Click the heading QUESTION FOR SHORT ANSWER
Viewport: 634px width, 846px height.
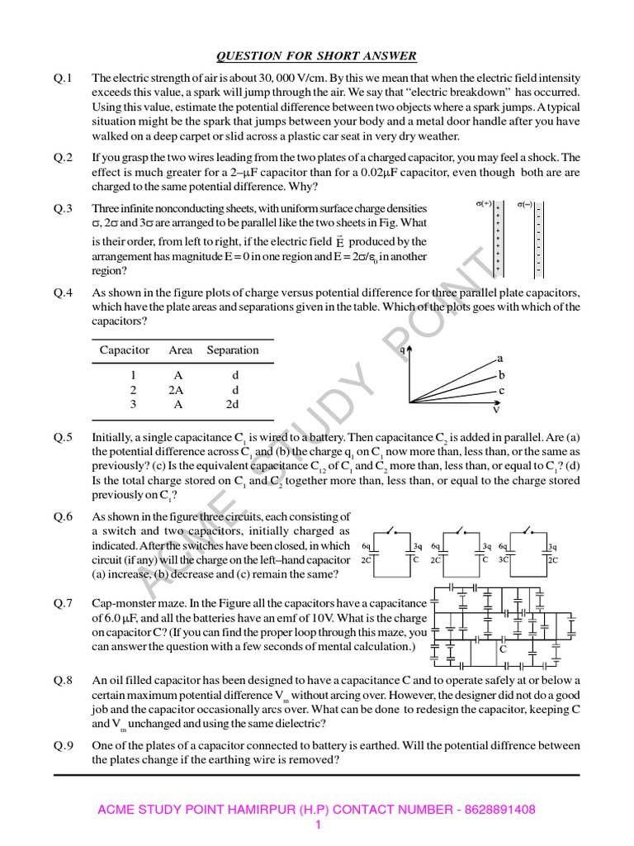click(x=316, y=56)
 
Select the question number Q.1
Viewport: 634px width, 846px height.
click(x=64, y=78)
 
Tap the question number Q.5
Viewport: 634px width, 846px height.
click(x=64, y=437)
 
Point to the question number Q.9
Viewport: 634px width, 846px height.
click(x=64, y=745)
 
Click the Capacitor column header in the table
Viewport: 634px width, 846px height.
click(x=125, y=350)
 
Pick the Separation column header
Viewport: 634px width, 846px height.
click(x=233, y=350)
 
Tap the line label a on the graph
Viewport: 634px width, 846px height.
click(x=499, y=359)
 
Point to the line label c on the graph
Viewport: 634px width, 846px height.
click(x=501, y=390)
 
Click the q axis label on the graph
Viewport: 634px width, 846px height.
click(x=402, y=350)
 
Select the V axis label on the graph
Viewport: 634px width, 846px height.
click(x=495, y=409)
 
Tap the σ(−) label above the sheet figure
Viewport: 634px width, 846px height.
click(x=526, y=202)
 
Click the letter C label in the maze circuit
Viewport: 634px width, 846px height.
click(x=501, y=649)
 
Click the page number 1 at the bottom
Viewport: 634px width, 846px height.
click(x=317, y=825)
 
